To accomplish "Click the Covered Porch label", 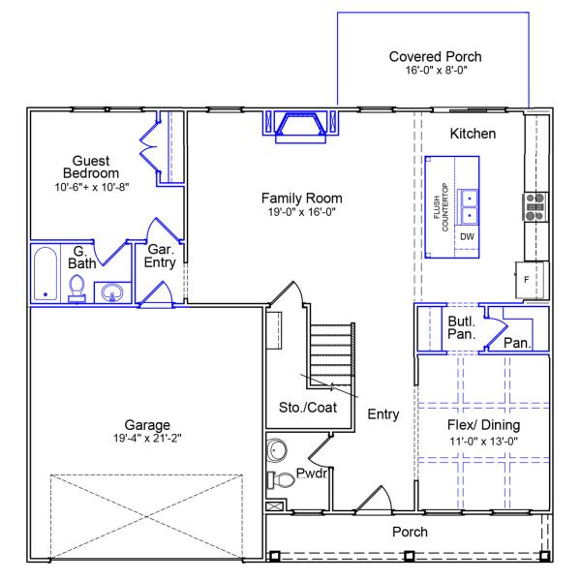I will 435,57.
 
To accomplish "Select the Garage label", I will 147,425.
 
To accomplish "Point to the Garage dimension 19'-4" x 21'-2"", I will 147,439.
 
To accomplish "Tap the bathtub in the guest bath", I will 45,275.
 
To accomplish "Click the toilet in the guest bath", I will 77,288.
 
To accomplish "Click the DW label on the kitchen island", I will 467,237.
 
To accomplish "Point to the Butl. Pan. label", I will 460,327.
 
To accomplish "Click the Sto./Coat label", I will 307,408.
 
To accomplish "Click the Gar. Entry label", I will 159,256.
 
